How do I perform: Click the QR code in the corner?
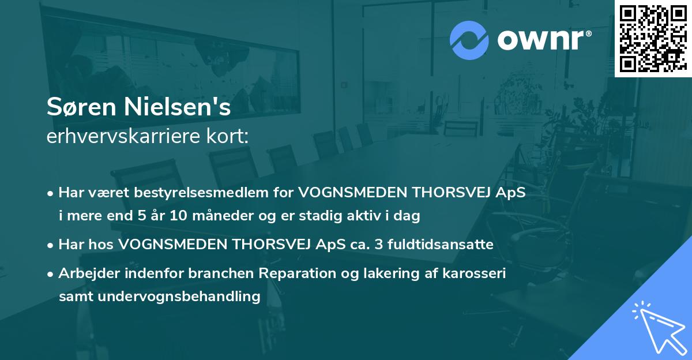653,38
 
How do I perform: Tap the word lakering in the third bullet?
387,273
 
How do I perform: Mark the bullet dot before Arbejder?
51,274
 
